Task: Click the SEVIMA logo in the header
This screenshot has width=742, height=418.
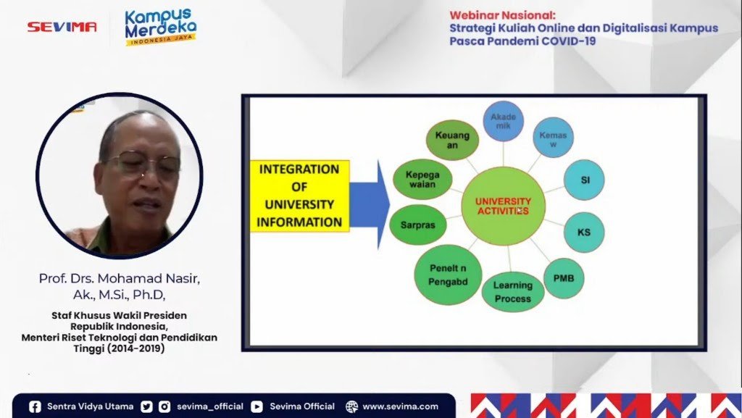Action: click(x=62, y=27)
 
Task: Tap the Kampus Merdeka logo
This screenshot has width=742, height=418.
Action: click(x=160, y=27)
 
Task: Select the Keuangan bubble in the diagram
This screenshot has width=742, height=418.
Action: click(x=452, y=140)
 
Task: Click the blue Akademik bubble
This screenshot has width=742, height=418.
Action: click(x=503, y=121)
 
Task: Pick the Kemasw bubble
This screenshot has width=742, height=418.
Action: click(x=553, y=138)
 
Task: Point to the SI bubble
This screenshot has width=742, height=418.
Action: click(x=585, y=180)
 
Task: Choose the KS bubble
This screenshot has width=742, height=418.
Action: click(x=584, y=232)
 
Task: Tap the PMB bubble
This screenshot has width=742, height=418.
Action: click(x=564, y=278)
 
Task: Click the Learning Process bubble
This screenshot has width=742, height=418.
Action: click(x=513, y=292)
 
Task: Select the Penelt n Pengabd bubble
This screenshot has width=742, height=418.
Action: click(x=448, y=275)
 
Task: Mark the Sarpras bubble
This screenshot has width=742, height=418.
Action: click(x=418, y=225)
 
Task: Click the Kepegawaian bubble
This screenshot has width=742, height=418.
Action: click(x=422, y=179)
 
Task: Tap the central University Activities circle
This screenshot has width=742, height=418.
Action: click(x=503, y=206)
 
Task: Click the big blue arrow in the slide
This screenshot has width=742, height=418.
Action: click(x=369, y=205)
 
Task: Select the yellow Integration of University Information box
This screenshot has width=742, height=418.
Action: click(x=299, y=196)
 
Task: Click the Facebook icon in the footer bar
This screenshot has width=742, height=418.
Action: click(x=35, y=406)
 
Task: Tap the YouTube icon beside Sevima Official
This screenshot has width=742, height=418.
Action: click(x=257, y=406)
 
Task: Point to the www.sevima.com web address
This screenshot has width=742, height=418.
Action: click(x=400, y=406)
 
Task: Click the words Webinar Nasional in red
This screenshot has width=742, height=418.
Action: click(x=502, y=15)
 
